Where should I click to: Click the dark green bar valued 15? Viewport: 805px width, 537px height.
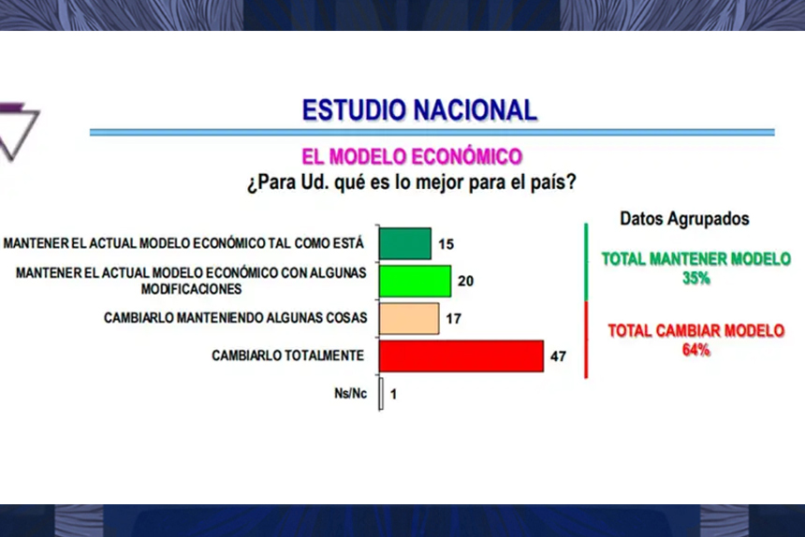pyautogui.click(x=404, y=243)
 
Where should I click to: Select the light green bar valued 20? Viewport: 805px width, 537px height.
pyautogui.click(x=415, y=281)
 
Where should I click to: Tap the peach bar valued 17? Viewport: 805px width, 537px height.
pyautogui.click(x=408, y=318)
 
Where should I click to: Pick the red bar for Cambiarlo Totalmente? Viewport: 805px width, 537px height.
pyautogui.click(x=461, y=356)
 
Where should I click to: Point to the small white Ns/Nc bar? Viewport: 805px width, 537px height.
pyautogui.click(x=381, y=394)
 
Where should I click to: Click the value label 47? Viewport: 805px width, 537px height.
pyautogui.click(x=559, y=356)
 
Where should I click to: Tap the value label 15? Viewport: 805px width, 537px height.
pyautogui.click(x=446, y=244)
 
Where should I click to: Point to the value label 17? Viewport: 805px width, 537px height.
pyautogui.click(x=454, y=319)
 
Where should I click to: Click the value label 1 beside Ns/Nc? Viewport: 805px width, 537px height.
pyautogui.click(x=394, y=394)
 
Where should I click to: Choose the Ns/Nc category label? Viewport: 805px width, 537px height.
pyautogui.click(x=351, y=394)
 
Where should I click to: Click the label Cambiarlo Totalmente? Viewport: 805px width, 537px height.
pyautogui.click(x=287, y=356)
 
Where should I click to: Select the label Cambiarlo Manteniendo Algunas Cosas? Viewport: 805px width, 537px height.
pyautogui.click(x=235, y=318)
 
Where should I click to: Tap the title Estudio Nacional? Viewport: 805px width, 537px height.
pyautogui.click(x=419, y=110)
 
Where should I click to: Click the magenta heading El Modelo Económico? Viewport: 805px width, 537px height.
pyautogui.click(x=412, y=156)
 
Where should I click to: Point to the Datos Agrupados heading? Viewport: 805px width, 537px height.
pyautogui.click(x=685, y=218)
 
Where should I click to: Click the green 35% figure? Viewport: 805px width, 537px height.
pyautogui.click(x=696, y=278)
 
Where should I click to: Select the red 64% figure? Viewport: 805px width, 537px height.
pyautogui.click(x=696, y=350)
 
